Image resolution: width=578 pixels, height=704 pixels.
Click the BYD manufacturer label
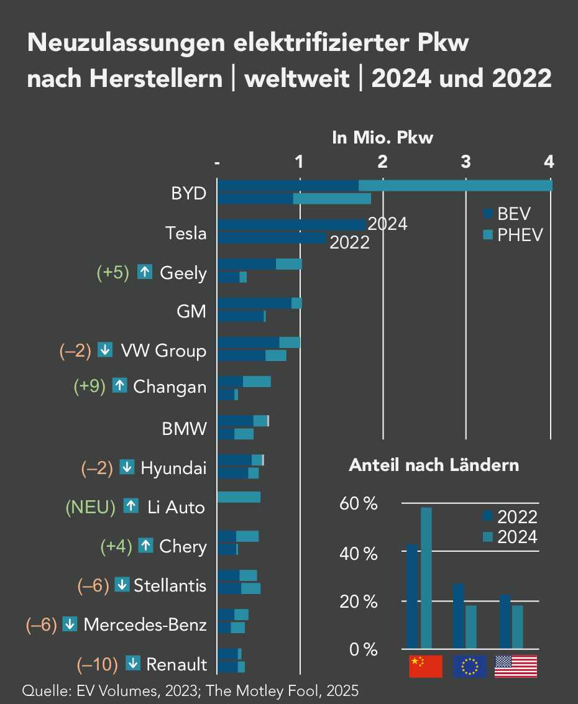pos(188,193)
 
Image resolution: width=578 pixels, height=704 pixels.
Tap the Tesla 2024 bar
pos(292,224)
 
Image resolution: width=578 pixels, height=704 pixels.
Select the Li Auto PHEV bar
pos(239,497)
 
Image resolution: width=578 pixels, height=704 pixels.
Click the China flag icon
pos(425,666)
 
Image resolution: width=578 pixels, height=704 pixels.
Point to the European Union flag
pos(470,666)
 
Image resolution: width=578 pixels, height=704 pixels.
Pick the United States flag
pos(515,666)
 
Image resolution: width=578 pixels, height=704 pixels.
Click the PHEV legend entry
pos(513,235)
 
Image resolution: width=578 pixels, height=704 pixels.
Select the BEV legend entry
pos(507,214)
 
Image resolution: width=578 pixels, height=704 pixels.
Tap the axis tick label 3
pos(466,162)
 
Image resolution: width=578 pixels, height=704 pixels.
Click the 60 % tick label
pos(359,503)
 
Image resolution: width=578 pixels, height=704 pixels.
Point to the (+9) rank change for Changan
pos(89,386)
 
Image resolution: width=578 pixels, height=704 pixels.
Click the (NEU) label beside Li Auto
pos(91,507)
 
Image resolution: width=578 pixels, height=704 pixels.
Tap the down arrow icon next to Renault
pos(132,664)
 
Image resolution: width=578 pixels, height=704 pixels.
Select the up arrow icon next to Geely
pos(145,272)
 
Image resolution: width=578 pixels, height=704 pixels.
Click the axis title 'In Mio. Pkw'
pos(382,138)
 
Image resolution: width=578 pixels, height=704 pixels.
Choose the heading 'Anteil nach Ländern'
pos(434,465)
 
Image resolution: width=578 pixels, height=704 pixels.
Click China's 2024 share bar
pos(426,578)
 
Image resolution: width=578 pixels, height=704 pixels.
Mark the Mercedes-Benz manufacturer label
pos(145,624)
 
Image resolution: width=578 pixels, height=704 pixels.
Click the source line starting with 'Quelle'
pos(190,690)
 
